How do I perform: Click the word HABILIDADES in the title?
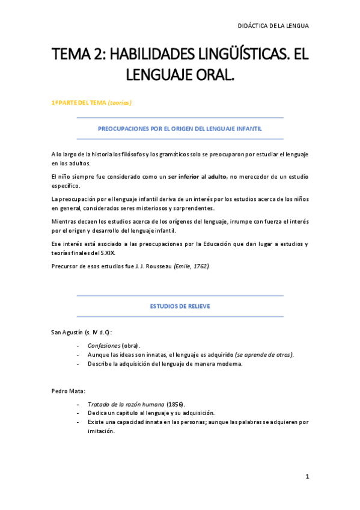(142, 55)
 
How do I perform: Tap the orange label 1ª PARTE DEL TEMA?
(79, 103)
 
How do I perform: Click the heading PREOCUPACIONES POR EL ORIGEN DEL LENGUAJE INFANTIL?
(180, 129)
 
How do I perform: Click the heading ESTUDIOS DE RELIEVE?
(180, 307)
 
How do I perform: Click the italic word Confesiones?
(103, 346)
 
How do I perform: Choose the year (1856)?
(176, 404)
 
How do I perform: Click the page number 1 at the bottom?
(307, 477)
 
